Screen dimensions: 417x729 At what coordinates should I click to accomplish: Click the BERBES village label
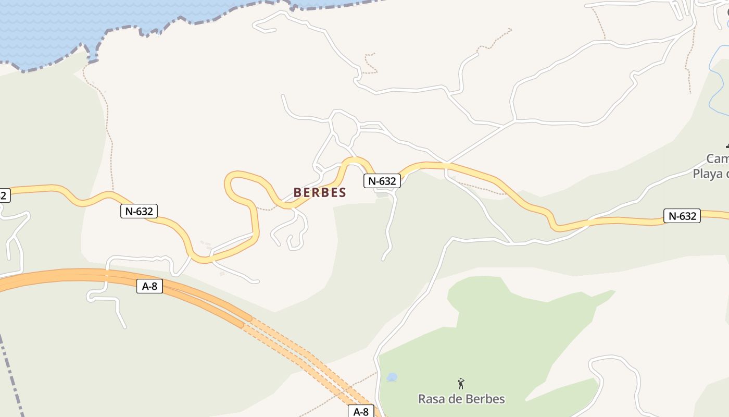point(320,192)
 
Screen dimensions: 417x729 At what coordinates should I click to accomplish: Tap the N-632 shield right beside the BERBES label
point(382,181)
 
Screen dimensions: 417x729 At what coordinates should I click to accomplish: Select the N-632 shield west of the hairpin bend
point(139,211)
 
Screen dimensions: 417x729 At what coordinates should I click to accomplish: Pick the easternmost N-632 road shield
point(682,216)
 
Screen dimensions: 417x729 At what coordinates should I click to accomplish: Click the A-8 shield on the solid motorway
point(149,286)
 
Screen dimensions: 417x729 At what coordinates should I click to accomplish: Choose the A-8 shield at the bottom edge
point(361,412)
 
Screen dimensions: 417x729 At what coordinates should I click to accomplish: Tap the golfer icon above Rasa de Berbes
point(461,384)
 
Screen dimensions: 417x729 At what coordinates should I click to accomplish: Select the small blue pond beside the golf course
point(392,377)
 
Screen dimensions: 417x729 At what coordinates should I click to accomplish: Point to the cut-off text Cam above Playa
point(718,158)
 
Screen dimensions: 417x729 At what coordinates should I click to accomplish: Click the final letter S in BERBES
point(342,192)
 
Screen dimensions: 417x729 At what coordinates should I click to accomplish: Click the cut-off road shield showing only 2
point(4,195)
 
